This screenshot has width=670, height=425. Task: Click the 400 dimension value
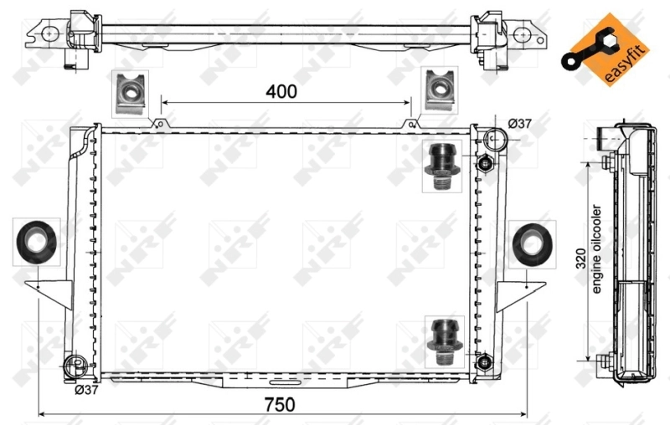[x=281, y=92]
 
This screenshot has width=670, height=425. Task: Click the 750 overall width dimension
[x=280, y=404]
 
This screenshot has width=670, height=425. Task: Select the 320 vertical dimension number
[x=581, y=262]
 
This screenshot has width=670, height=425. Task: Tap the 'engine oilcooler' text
[x=597, y=249]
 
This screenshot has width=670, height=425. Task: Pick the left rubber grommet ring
[x=36, y=243]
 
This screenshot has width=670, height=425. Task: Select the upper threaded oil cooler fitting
[x=442, y=168]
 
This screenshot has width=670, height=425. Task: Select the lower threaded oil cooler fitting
[x=441, y=341]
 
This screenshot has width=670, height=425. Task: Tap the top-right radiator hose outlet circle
[x=497, y=139]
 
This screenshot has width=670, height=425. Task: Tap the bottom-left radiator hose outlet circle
[x=75, y=365]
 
